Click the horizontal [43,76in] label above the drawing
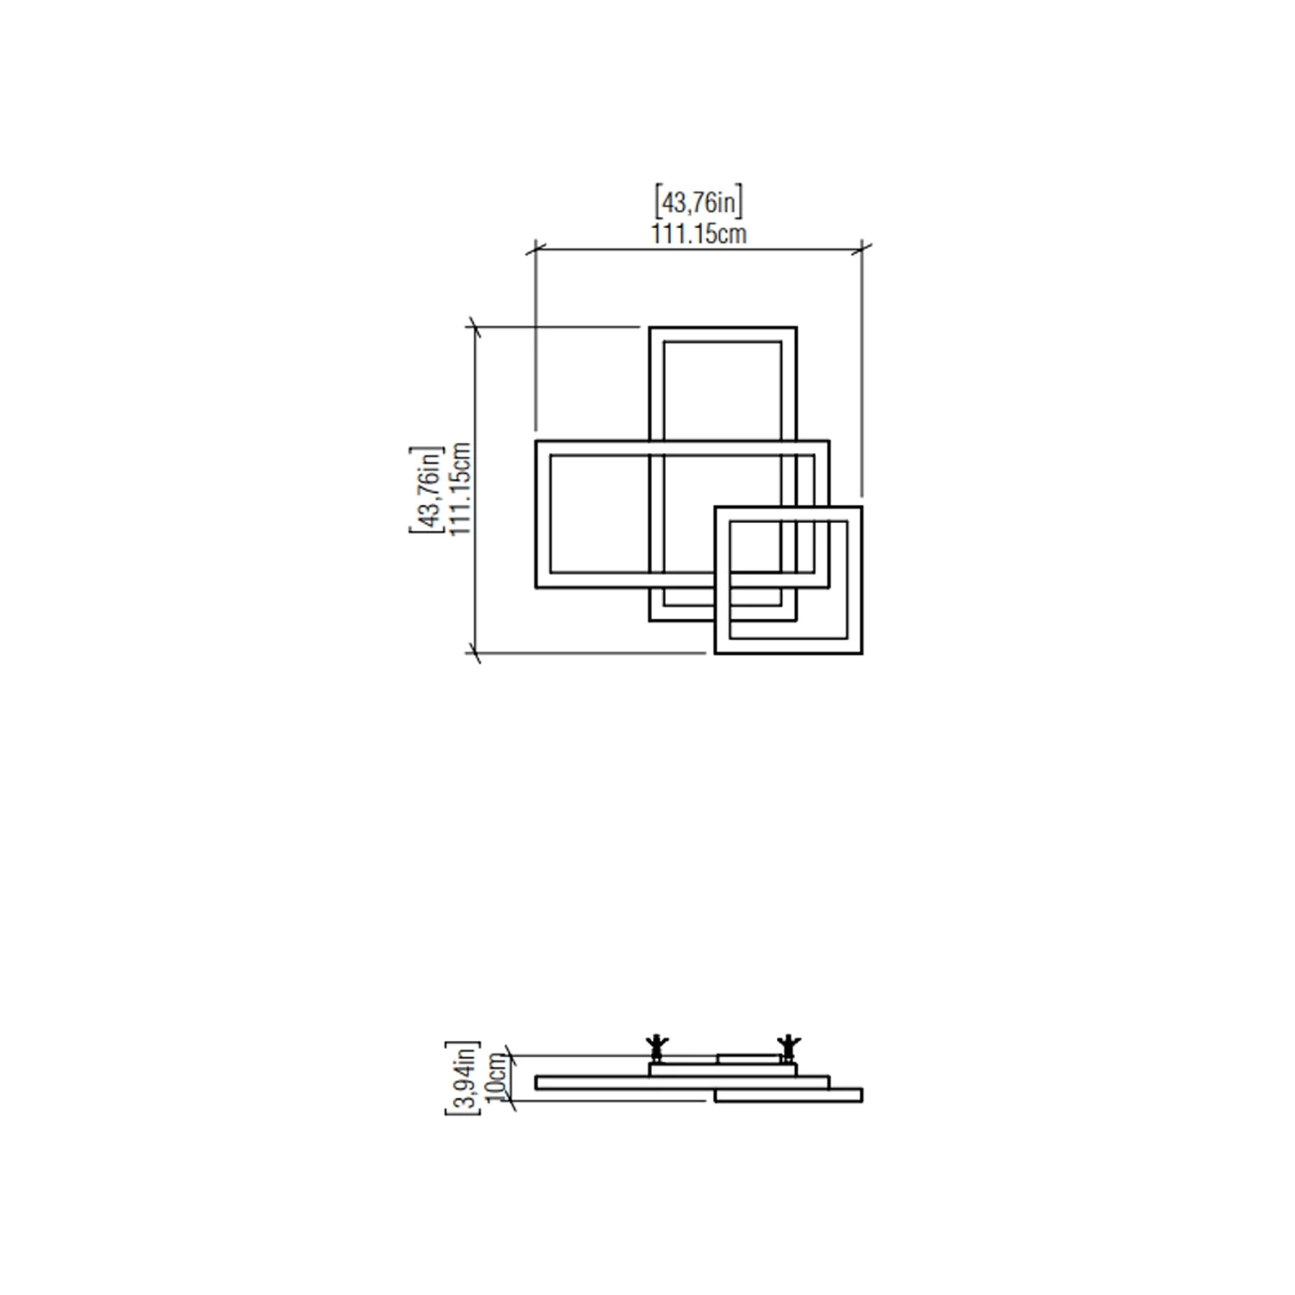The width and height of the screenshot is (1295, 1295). [x=698, y=202]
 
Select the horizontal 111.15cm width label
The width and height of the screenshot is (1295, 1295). [x=698, y=233]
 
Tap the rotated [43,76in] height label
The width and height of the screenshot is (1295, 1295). [x=426, y=490]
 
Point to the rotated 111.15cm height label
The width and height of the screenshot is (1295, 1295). [x=460, y=490]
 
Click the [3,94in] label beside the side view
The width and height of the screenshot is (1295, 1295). [x=462, y=1077]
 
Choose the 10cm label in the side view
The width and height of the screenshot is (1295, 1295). [x=496, y=1077]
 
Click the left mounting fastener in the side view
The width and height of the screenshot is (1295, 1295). [x=657, y=1047]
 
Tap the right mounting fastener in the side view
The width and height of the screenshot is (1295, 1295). [x=787, y=1047]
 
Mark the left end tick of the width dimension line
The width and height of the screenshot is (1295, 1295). [x=536, y=250]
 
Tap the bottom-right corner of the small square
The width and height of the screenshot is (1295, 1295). [x=861, y=652]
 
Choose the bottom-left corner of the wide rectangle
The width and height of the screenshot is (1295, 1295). [x=537, y=586]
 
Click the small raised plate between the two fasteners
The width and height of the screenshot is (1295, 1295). [x=749, y=1058]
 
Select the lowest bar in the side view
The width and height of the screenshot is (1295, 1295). [x=788, y=1096]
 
